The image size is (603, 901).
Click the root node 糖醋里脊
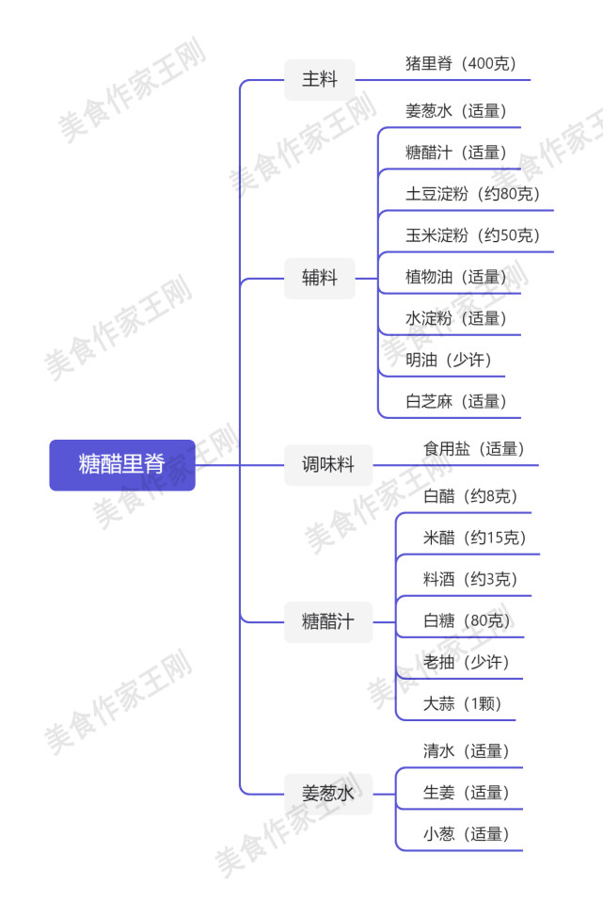coord(122,465)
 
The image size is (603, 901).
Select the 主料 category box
coord(320,79)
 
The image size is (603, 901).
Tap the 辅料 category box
coord(320,278)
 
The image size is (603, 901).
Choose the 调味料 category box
coord(328,465)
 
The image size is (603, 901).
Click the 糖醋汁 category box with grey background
coord(328,621)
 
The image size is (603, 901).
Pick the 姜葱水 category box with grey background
coord(328,794)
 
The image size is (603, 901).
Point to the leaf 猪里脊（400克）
coord(461,63)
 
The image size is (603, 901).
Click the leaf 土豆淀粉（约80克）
coord(472,194)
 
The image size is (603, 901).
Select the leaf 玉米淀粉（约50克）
coord(472,235)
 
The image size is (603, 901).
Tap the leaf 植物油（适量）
coord(456,277)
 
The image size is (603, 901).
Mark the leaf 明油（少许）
coord(449,360)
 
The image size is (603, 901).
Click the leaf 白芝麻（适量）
coord(456,401)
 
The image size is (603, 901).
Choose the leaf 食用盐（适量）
coord(474,449)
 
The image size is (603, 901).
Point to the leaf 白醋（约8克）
coord(470,496)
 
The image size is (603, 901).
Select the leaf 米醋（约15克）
coord(475,538)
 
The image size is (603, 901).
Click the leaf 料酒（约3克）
coord(470,579)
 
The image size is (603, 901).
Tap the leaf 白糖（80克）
coord(467,620)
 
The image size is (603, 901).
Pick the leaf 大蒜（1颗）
coord(462,703)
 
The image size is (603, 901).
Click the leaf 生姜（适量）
coord(467,793)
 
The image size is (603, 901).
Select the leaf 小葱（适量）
coord(467,834)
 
